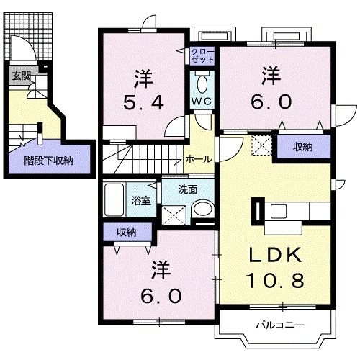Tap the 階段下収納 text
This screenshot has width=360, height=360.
pyautogui.click(x=48, y=161)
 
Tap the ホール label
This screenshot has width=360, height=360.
pyautogui.click(x=198, y=159)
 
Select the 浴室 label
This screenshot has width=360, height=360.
pyautogui.click(x=140, y=201)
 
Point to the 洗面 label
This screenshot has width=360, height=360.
pyautogui.click(x=189, y=190)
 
